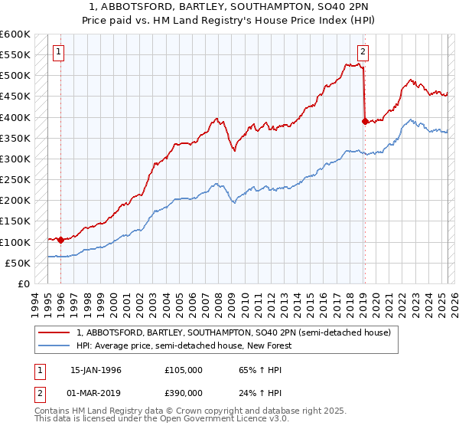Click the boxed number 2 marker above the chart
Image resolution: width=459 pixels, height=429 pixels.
pyautogui.click(x=363, y=52)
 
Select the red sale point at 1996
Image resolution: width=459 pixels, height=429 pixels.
pyautogui.click(x=60, y=240)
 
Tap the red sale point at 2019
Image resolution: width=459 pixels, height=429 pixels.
pyautogui.click(x=365, y=120)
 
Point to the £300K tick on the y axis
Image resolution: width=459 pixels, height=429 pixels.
pyautogui.click(x=16, y=159)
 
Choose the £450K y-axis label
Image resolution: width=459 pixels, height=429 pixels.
pyautogui.click(x=16, y=97)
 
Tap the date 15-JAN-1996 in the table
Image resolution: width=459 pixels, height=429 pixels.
pyautogui.click(x=96, y=369)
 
